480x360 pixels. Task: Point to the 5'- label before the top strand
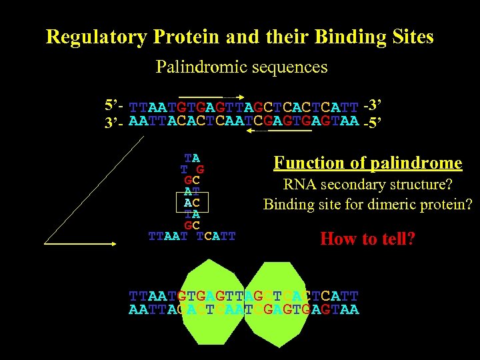coord(114,105)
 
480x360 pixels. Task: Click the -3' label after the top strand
coord(373,105)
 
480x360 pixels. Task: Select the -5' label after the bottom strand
coord(373,122)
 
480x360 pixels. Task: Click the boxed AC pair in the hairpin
coord(192,202)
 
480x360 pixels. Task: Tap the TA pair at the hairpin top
coord(192,159)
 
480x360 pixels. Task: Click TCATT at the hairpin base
coord(217,236)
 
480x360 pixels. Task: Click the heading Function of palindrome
coord(368,163)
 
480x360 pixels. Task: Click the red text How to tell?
coord(367,239)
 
